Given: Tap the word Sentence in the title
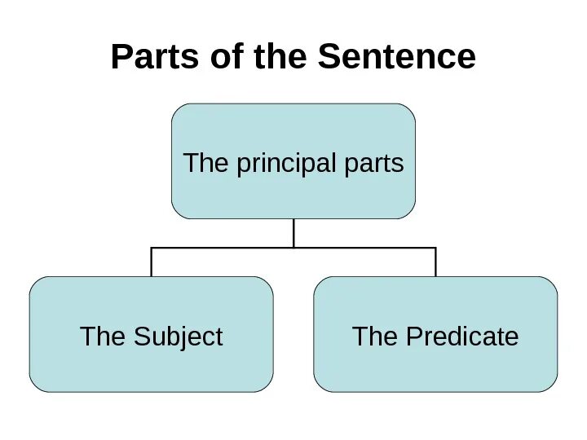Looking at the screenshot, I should click(397, 58).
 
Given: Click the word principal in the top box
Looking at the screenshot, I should click(285, 164).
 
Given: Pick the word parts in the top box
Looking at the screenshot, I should click(373, 164).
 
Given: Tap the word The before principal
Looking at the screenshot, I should click(207, 164).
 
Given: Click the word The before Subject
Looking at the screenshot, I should click(102, 336).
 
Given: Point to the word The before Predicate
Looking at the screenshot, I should click(374, 336).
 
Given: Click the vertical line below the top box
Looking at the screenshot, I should click(293, 233).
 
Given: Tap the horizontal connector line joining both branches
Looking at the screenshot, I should click(220, 248).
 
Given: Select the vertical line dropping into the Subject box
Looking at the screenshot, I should click(152, 262).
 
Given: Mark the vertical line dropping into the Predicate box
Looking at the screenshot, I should click(436, 262).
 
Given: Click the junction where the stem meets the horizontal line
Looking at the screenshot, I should click(293, 248).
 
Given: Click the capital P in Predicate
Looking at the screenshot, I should click(411, 336).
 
